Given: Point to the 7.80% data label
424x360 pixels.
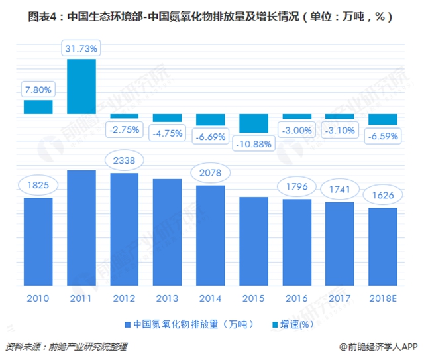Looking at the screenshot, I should coord(38,88).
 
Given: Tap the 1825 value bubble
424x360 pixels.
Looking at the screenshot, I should coord(38,184).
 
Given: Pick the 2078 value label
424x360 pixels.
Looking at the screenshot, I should coord(211,172).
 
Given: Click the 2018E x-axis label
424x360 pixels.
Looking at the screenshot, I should coord(383,298).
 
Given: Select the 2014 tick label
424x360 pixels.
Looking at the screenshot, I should coord(211,298).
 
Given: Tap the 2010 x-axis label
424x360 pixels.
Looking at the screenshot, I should coord(38,298).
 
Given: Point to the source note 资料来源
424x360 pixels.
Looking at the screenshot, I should coord(66,346).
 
